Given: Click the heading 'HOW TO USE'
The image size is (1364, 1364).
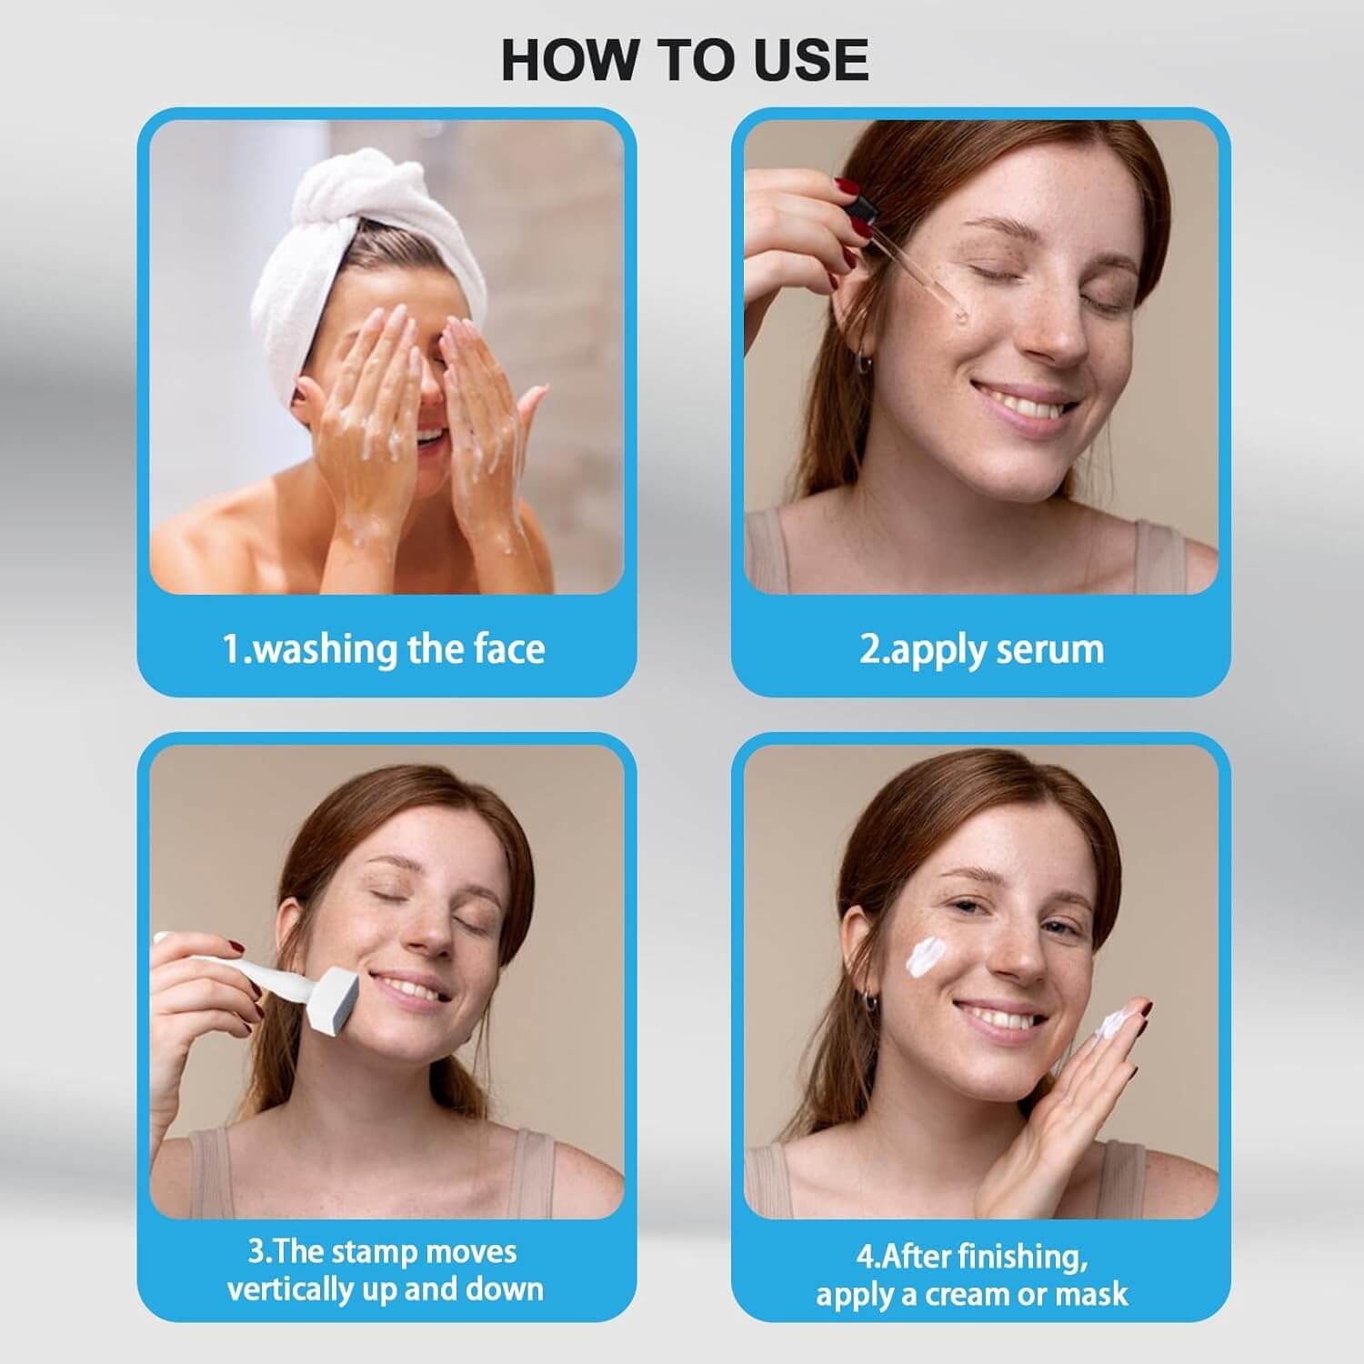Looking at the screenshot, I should pos(684,60).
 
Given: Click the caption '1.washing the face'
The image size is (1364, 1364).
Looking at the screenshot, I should pos(384,649).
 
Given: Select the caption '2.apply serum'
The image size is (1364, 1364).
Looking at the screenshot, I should pos(981,649).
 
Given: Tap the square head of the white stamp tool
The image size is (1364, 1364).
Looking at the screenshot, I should pos(335,1001).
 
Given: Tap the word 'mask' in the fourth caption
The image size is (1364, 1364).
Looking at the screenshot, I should pos(1095,1293).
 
